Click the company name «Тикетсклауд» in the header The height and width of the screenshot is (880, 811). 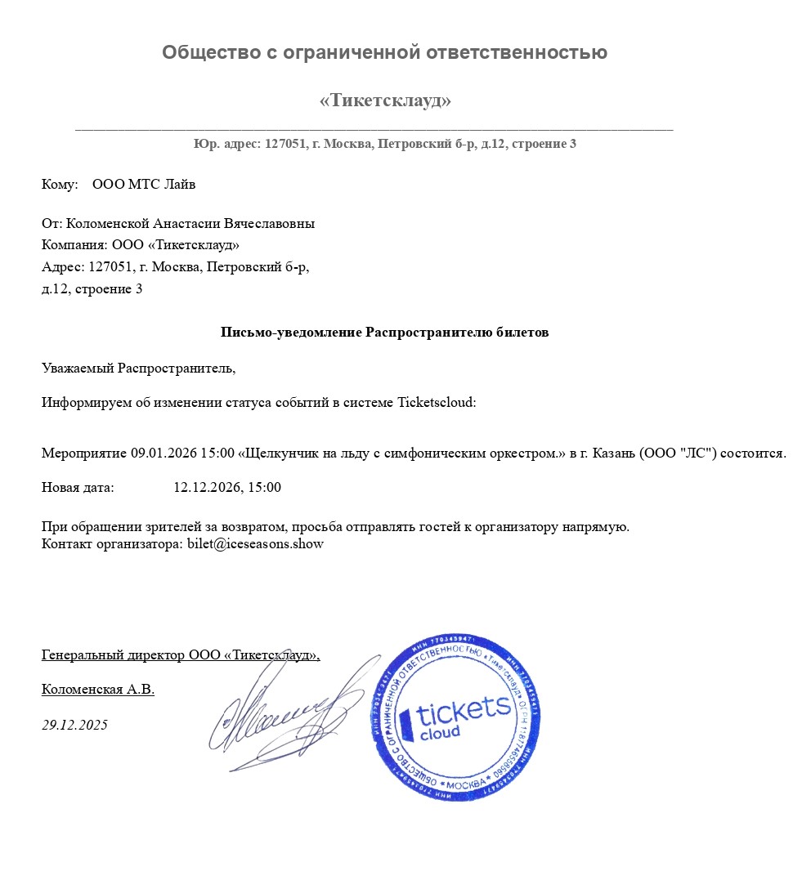pos(385,101)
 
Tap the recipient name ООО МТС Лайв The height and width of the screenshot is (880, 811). pos(144,185)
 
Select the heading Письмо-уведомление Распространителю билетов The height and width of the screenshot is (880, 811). pos(384,333)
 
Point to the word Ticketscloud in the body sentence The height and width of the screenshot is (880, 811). pos(436,403)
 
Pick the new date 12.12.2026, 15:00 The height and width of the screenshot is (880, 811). pos(227,488)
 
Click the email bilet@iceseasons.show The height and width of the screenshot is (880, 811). pos(256,544)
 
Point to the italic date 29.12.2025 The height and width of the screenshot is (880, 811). pos(74,726)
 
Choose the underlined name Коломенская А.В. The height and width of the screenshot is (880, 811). pos(98,690)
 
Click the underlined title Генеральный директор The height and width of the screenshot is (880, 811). pos(114,655)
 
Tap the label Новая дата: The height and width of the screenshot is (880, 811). pos(78,488)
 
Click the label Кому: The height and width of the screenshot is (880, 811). pos(60,185)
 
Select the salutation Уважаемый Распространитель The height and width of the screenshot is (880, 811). pos(138,369)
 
